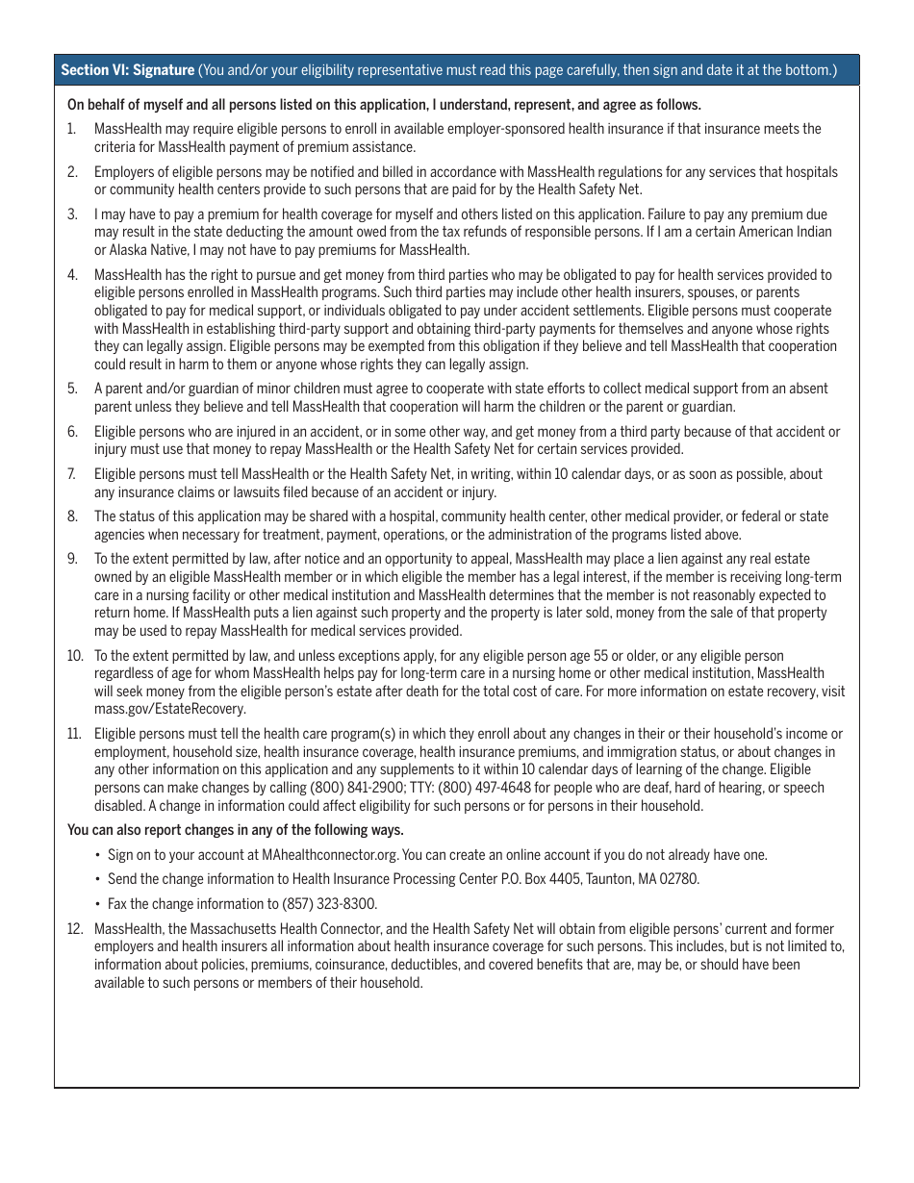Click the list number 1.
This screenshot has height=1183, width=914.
71,129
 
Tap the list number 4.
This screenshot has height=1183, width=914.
72,275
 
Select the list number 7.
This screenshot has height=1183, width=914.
71,474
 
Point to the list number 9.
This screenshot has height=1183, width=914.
72,559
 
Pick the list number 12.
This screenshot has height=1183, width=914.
74,929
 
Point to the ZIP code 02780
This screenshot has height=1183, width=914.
678,879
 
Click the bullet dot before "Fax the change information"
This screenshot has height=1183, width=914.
98,904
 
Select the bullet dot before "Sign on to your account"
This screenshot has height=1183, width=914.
98,854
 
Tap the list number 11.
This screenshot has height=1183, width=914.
74,734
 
